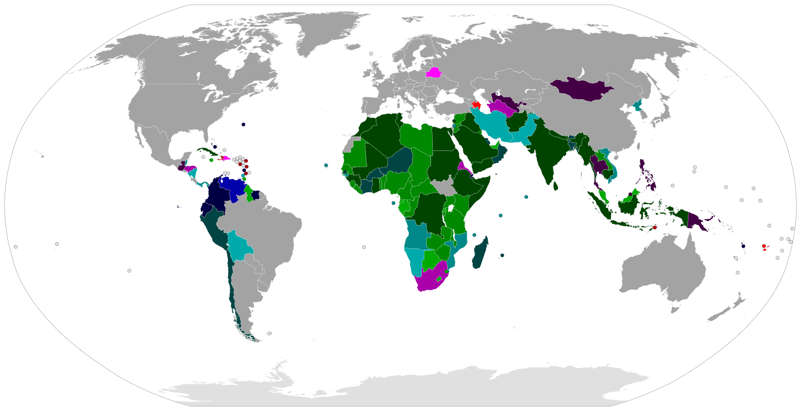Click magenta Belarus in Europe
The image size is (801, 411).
click(x=433, y=73)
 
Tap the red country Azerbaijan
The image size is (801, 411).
click(x=476, y=105)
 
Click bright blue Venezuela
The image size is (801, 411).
click(x=233, y=188)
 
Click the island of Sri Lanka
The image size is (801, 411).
click(x=556, y=186)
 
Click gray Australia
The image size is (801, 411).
click(x=663, y=271)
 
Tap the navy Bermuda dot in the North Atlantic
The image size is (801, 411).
click(x=243, y=124)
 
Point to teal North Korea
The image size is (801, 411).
click(x=638, y=105)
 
